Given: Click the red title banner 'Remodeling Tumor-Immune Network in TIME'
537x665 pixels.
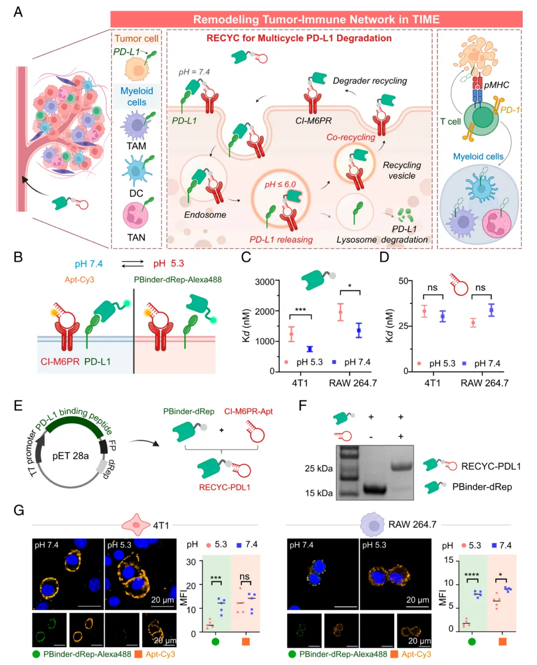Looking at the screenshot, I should coord(316,19).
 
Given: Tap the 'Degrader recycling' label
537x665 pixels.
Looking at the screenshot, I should coord(369,80).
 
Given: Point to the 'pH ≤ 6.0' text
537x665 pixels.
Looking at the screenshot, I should coord(280,184).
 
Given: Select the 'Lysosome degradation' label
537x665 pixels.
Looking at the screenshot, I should coord(382,239).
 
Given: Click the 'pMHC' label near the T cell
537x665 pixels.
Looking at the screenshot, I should coord(496,85).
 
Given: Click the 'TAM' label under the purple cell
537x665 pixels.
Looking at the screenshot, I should coord(136,146).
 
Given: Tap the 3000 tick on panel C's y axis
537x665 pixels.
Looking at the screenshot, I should coord(265,282).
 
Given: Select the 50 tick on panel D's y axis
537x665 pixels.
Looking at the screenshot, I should coord(403,281).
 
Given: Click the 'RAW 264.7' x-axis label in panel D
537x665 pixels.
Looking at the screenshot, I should coord(484,383).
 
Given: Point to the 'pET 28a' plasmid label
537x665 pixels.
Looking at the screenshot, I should coord(71,455).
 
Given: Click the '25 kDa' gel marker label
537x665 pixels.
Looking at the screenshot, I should coord(319,468).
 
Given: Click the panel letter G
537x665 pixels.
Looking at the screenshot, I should coord(19,510).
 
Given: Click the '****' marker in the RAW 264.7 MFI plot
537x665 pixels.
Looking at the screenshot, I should coord(471,575).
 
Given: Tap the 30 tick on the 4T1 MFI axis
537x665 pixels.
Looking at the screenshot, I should coord(191,562).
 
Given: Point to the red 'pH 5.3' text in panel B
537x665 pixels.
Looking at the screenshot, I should coord(169,263).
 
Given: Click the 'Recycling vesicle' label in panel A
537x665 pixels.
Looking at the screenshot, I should coord(402,170).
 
